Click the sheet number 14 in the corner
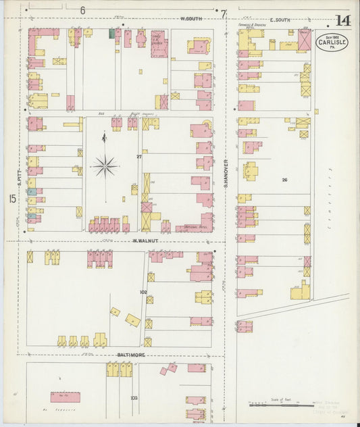342,20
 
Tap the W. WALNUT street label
145,240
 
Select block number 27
139,157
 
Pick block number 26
284,180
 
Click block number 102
143,292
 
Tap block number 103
134,398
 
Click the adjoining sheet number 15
11,199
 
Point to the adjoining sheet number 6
82,10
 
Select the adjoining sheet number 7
223,13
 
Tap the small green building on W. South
112,34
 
